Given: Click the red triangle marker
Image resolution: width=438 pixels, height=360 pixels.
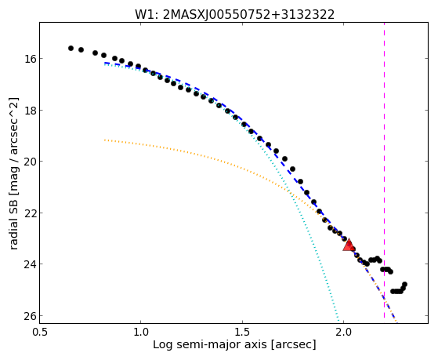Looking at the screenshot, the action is [x=349, y=245].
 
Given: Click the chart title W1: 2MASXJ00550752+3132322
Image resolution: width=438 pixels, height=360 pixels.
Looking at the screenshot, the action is [x=234, y=14].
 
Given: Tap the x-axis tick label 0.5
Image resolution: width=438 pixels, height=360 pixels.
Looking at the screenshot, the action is [x=40, y=332].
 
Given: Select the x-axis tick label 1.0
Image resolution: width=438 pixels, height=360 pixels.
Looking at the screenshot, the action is [x=140, y=332].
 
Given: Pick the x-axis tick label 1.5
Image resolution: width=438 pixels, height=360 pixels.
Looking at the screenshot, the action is [x=242, y=332].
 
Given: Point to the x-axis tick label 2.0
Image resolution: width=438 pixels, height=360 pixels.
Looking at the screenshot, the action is [x=344, y=332].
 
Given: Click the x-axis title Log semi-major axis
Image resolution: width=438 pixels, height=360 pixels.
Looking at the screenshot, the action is [x=210, y=345].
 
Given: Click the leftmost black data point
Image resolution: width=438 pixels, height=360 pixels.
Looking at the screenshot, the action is [x=71, y=49].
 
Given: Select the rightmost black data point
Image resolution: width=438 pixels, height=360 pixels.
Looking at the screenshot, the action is [x=404, y=285].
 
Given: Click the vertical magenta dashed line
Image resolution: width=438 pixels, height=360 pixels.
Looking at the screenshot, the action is [x=385, y=170].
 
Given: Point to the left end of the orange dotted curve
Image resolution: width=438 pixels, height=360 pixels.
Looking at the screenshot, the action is [x=105, y=140].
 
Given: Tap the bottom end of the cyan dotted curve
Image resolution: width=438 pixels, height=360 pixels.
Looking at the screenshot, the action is [x=338, y=320].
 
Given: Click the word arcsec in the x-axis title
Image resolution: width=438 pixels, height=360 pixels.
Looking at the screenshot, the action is [x=293, y=345].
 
